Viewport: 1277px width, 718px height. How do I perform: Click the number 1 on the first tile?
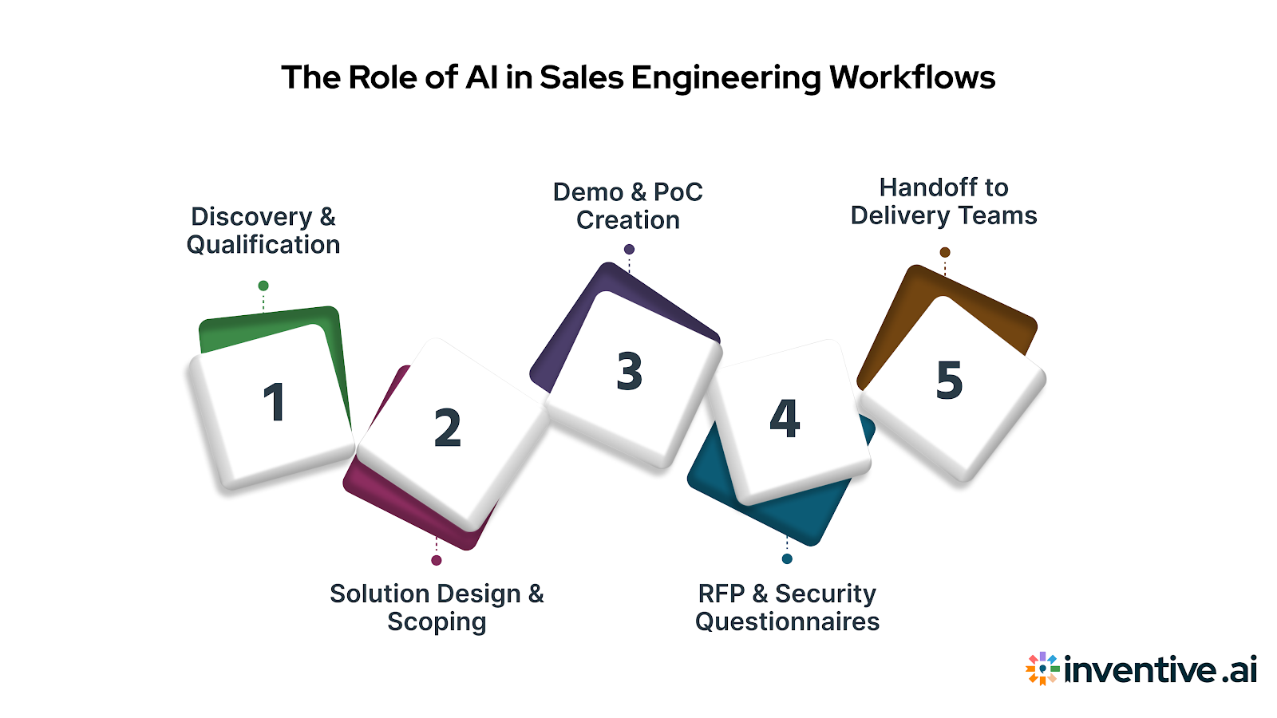(274, 402)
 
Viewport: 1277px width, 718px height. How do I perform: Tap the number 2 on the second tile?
(447, 428)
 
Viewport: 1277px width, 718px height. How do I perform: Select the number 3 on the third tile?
(630, 372)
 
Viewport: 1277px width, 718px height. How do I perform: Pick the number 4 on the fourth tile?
(785, 419)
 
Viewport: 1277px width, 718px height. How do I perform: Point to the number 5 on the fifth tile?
(949, 380)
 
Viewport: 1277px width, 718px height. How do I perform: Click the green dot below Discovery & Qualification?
(263, 286)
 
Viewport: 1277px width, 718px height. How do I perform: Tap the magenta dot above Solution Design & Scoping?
(437, 560)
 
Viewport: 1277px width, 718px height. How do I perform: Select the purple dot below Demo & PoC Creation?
(629, 250)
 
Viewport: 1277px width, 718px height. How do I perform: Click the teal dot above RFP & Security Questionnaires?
(787, 558)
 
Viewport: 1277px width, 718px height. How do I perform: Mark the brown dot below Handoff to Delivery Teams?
(945, 252)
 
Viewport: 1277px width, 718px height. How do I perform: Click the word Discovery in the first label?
(251, 217)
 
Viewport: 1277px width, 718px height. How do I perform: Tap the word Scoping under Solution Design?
(437, 622)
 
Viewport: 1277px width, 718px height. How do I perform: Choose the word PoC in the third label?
(678, 192)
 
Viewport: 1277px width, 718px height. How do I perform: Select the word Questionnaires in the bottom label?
(787, 622)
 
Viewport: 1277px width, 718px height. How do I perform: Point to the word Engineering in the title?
(725, 78)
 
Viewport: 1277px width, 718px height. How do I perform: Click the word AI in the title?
(481, 77)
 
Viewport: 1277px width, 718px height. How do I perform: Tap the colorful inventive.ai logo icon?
(1042, 669)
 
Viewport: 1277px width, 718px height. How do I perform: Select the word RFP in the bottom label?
(722, 594)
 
